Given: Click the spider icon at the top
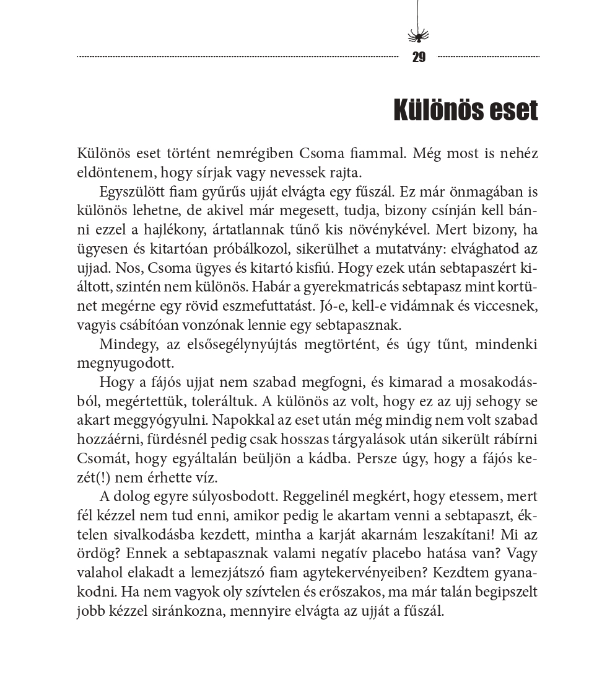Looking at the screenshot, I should [418, 35].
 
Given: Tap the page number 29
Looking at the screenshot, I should [419, 58].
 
